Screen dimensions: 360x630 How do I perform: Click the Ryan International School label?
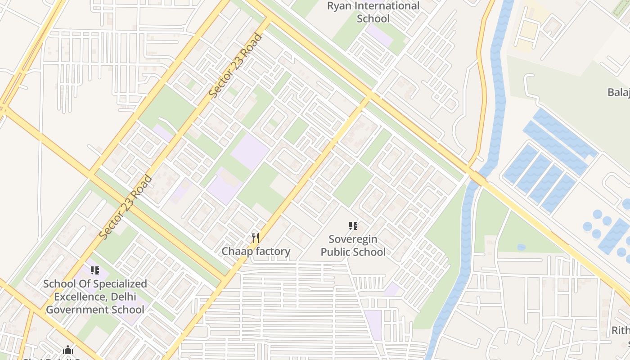[x=373, y=12]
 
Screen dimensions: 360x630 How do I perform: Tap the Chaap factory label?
[x=256, y=251]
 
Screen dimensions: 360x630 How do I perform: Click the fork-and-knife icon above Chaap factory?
[x=256, y=238]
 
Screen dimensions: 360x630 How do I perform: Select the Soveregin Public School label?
[x=353, y=246]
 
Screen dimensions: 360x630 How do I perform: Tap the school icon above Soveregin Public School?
[x=353, y=226]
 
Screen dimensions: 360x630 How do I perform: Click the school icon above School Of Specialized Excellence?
[x=94, y=270]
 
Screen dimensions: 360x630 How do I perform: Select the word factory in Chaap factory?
[x=274, y=251]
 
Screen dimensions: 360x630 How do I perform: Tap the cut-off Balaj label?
[x=619, y=92]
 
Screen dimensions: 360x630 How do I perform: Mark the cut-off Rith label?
[x=621, y=331]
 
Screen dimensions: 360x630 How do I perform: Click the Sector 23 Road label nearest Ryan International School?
[x=236, y=66]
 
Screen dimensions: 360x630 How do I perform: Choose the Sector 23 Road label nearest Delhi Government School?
[x=126, y=207]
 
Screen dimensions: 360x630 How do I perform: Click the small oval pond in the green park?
[x=521, y=247]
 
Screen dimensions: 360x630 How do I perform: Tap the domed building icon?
[x=68, y=350]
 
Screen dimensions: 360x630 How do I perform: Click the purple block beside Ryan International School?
[x=379, y=35]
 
